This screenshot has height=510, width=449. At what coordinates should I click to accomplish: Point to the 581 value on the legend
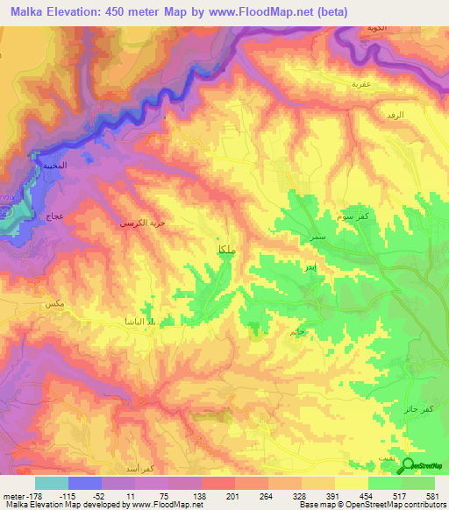point(431,494)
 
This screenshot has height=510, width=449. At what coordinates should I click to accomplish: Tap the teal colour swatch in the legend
point(52,483)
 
